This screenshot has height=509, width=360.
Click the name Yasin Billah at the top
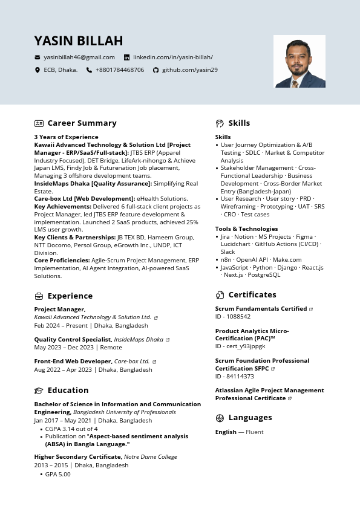click(79, 41)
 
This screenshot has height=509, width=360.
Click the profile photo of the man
click(299, 61)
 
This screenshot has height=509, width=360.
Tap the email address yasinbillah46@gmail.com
click(79, 57)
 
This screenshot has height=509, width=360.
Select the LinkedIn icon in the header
click(126, 57)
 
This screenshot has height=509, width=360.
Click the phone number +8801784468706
click(119, 70)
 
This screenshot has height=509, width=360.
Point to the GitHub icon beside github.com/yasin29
click(155, 70)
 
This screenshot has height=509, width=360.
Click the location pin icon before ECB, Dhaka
click(38, 70)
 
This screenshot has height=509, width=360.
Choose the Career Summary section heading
click(82, 123)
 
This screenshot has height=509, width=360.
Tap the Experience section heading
click(70, 296)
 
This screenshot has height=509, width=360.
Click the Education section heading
click(68, 391)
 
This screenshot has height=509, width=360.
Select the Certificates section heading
click(252, 295)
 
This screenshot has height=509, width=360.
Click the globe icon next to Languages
click(220, 418)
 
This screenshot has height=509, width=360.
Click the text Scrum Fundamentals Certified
click(261, 309)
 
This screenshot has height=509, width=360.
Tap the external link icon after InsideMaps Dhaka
click(168, 340)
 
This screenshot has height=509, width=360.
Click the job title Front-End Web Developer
click(73, 361)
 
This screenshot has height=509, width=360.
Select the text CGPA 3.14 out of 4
click(71, 429)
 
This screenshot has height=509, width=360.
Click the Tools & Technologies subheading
click(246, 229)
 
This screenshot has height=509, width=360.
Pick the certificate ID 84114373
click(235, 377)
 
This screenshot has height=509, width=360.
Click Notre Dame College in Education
click(151, 457)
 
